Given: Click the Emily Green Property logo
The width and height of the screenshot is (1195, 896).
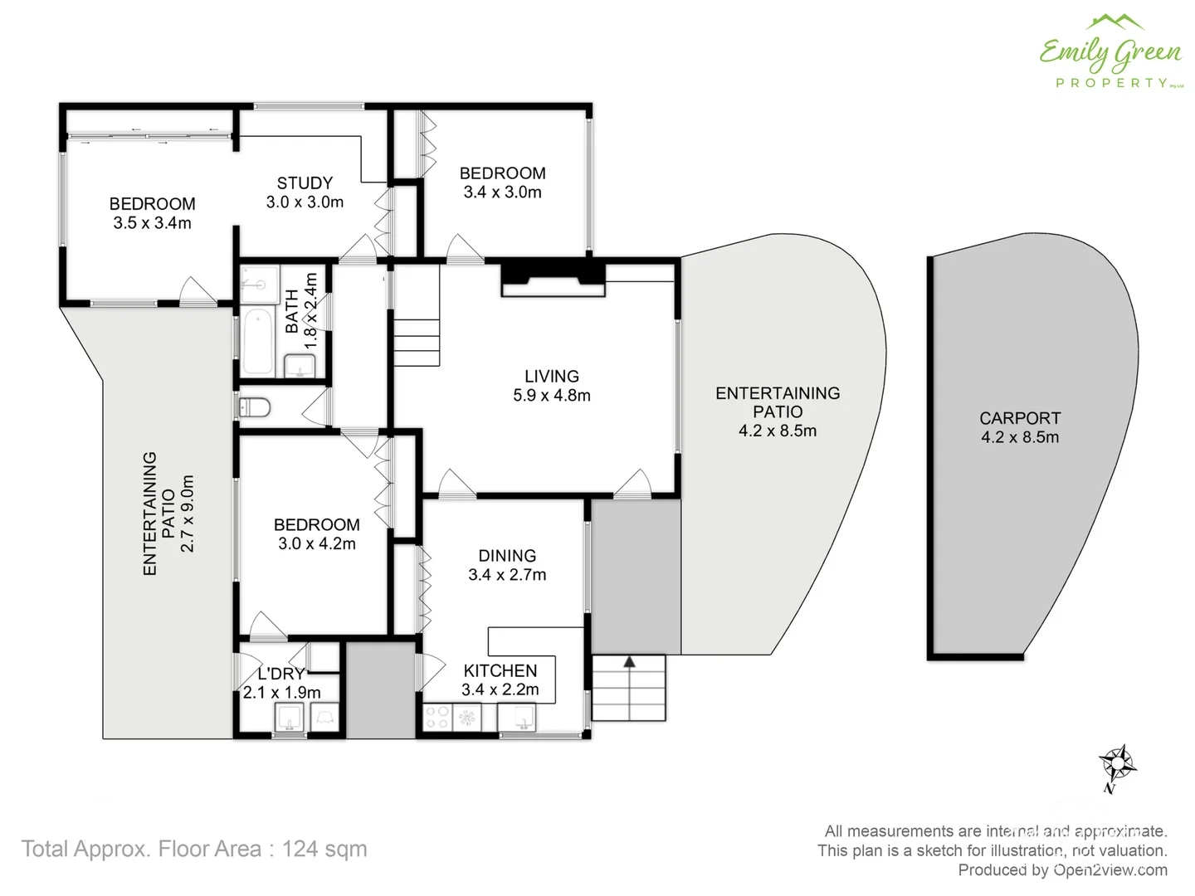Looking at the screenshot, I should pos(1110,51).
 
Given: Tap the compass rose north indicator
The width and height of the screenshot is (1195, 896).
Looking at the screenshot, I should pos(1117,762).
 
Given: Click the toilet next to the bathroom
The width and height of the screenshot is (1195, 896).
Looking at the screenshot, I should pos(255,407).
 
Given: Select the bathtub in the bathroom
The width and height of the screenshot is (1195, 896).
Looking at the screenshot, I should pos(258,342).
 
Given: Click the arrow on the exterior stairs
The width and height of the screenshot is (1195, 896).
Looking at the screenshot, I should pos(629,662).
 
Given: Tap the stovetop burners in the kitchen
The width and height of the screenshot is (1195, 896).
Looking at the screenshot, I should pos(437,718).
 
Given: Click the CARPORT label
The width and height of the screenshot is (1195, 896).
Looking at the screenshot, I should pos(1020,418).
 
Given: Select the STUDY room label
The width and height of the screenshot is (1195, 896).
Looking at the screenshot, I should pos(305,183).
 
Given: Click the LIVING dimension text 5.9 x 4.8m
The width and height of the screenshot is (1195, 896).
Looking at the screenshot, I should pos(552,396).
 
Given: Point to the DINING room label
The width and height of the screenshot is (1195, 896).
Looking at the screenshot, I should pos(507,556).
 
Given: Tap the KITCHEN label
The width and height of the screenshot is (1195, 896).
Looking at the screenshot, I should pos(500,670).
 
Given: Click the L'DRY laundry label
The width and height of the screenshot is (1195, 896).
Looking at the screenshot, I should pos(280,674).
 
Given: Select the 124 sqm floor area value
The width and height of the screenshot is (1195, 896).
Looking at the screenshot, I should pos(324,849).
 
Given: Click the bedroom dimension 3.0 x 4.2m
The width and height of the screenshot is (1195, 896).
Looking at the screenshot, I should pos(317,544).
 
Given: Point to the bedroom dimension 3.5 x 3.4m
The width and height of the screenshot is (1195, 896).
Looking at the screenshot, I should pos(153,223).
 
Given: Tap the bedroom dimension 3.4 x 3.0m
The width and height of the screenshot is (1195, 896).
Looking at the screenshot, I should pos(502,192).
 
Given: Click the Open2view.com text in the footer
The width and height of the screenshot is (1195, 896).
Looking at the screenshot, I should pos(1110,869).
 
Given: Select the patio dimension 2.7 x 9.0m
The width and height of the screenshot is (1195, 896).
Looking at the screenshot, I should pos(188,514).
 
